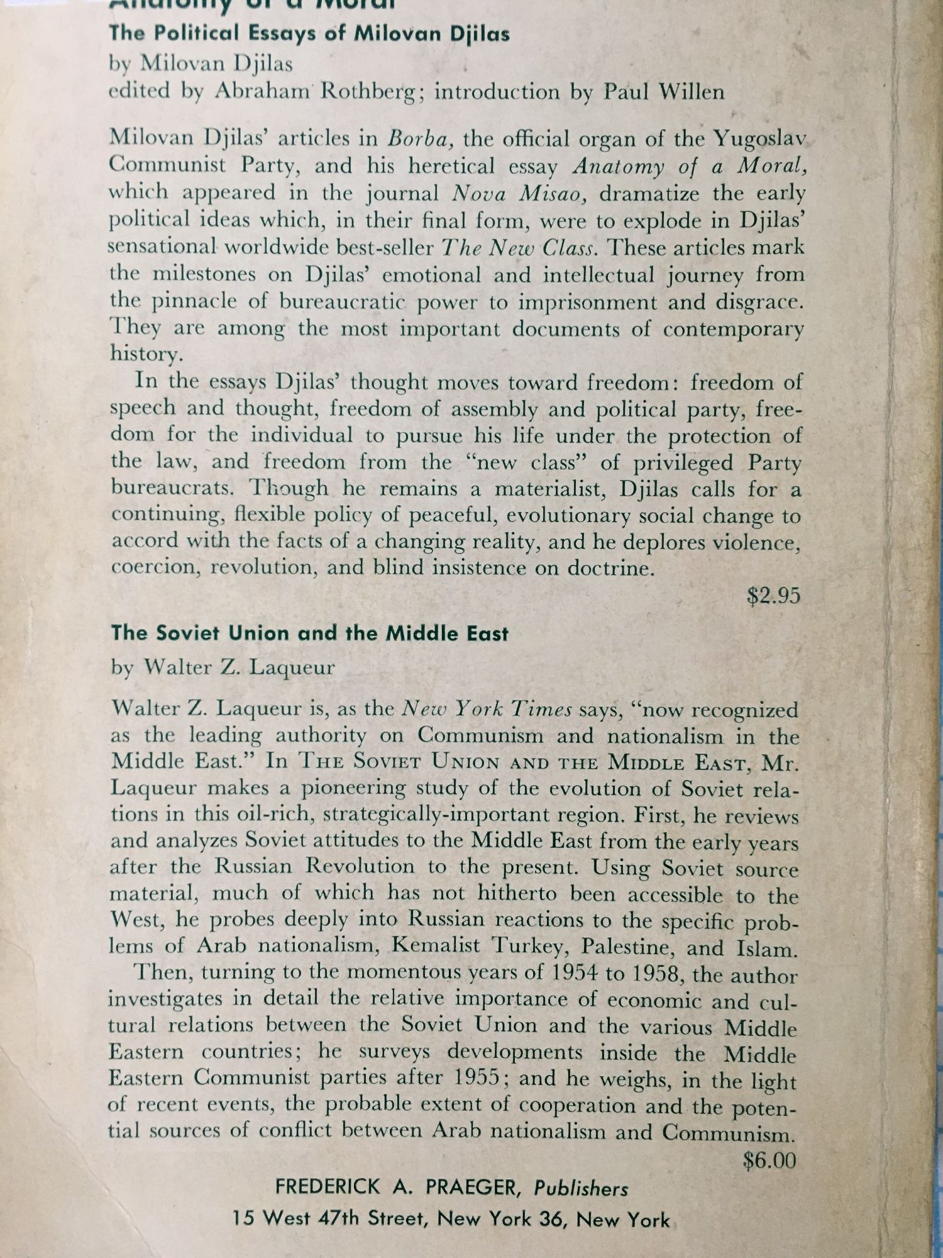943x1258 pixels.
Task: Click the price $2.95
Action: coord(773,595)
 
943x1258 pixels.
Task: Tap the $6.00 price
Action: coord(769,1160)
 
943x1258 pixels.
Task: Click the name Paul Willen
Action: coord(664,92)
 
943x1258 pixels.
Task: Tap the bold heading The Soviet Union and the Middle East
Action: coord(309,633)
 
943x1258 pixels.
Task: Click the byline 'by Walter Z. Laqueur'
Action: coord(223,667)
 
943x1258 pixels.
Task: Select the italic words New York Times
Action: coord(487,710)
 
